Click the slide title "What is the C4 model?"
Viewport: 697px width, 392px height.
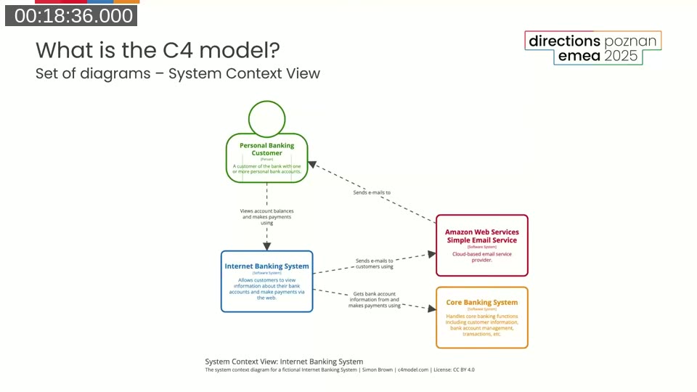158,50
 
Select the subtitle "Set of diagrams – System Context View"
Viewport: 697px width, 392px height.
177,73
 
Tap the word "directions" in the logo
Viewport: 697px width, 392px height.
564,41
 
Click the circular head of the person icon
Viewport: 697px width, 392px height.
266,118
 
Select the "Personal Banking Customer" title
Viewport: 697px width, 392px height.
267,149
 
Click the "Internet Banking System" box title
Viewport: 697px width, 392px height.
266,266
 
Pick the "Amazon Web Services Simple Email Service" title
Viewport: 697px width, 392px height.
482,236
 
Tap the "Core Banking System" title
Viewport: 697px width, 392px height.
482,302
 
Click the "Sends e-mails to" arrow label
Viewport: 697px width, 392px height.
372,192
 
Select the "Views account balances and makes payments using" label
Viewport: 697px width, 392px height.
266,217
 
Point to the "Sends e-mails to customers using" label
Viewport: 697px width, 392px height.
374,264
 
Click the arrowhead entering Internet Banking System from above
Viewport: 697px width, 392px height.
266,246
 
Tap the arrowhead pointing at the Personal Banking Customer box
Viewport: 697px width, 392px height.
312,164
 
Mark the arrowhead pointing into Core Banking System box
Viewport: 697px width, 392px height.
431,309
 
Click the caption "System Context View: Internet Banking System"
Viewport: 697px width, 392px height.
284,362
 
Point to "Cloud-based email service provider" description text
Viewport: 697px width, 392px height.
482,257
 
